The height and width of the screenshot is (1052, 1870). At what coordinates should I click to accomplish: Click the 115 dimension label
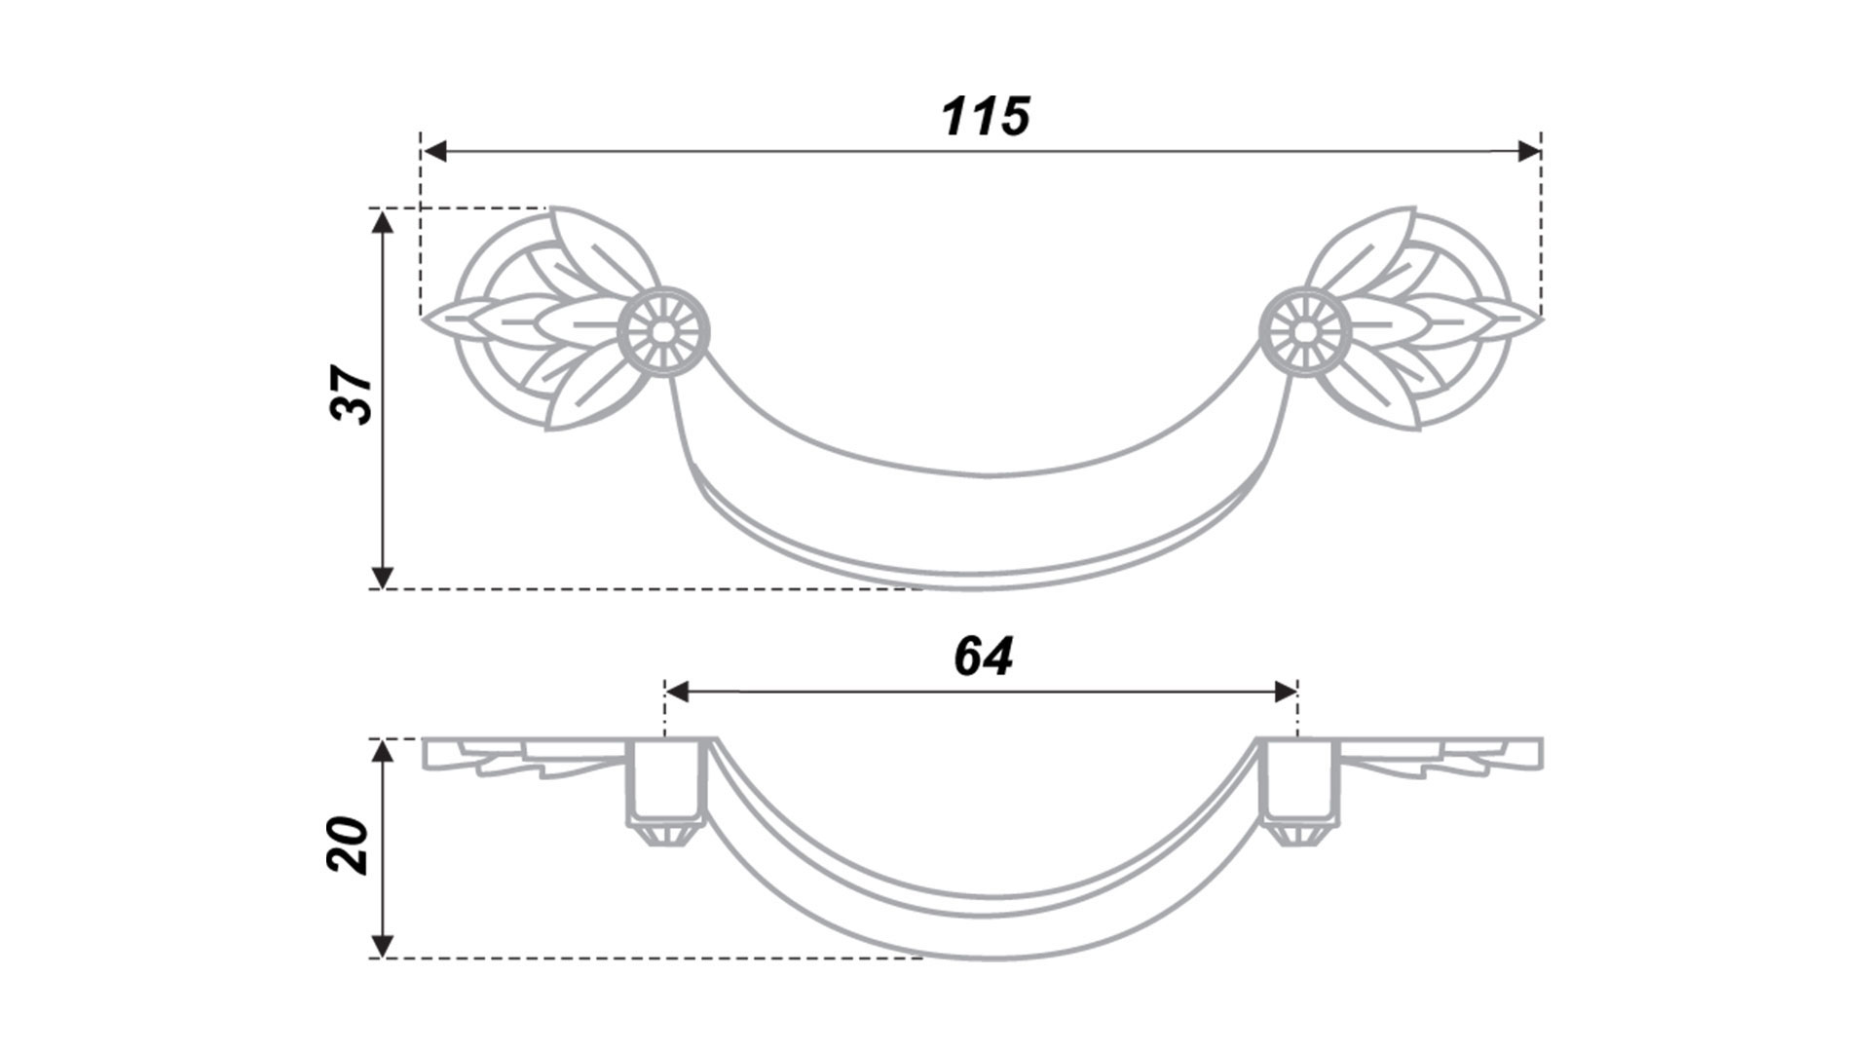(x=985, y=116)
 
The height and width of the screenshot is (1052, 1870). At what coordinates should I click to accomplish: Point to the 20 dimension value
(x=349, y=844)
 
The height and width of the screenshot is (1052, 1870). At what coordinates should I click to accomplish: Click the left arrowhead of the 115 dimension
(x=433, y=151)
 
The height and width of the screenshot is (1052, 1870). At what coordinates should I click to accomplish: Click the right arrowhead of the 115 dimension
(x=1529, y=151)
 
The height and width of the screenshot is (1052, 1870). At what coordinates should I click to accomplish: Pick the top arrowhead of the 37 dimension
(x=383, y=221)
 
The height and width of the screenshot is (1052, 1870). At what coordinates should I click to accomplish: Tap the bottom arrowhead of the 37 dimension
(x=383, y=577)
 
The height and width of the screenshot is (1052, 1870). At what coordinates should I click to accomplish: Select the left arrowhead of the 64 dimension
(x=676, y=692)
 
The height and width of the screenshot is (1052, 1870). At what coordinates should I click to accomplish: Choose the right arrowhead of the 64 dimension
(x=1286, y=692)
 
